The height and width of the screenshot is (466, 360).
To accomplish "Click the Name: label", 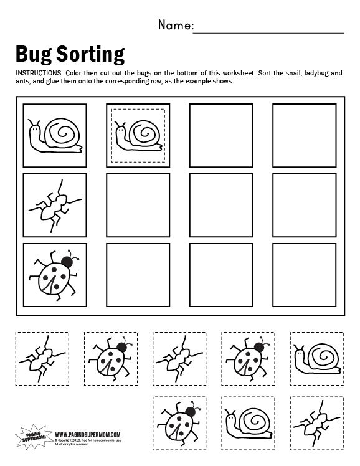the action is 176,26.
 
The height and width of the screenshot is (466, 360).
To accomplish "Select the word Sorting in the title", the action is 92,55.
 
